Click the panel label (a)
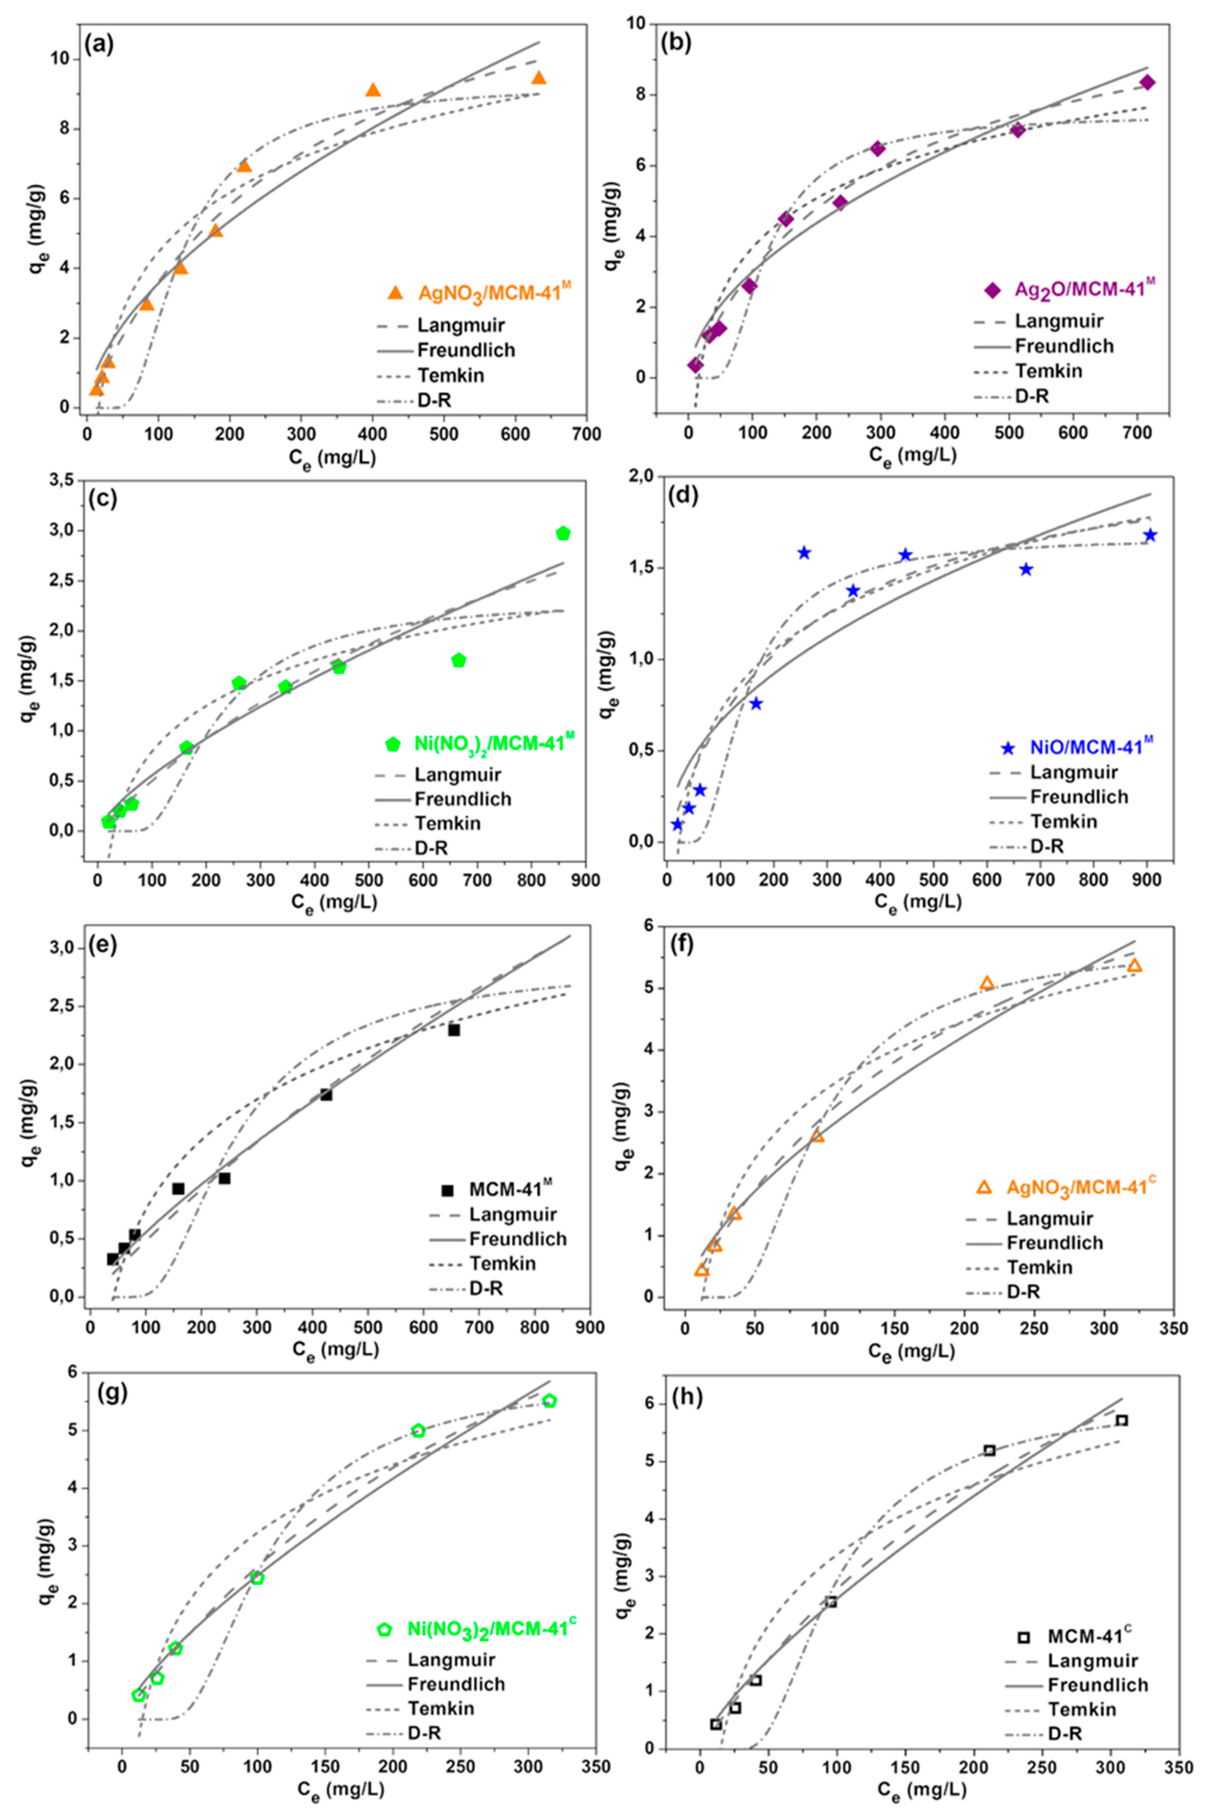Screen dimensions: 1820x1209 click(x=100, y=44)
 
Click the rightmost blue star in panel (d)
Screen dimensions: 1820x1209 click(x=1150, y=535)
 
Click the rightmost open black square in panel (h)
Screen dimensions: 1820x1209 click(x=1122, y=1420)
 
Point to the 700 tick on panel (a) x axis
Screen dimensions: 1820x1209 click(x=587, y=435)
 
